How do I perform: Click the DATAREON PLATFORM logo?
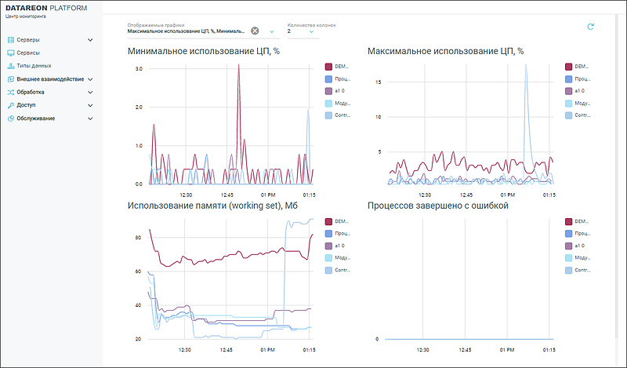(53, 8)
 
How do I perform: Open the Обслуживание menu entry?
(35, 118)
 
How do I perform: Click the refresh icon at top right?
(591, 27)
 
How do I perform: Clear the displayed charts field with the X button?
(255, 31)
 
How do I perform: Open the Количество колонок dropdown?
(311, 31)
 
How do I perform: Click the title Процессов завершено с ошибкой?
(438, 206)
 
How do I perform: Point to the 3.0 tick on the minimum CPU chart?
(138, 69)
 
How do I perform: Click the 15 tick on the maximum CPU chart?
(378, 82)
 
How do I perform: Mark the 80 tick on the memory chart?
(137, 237)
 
